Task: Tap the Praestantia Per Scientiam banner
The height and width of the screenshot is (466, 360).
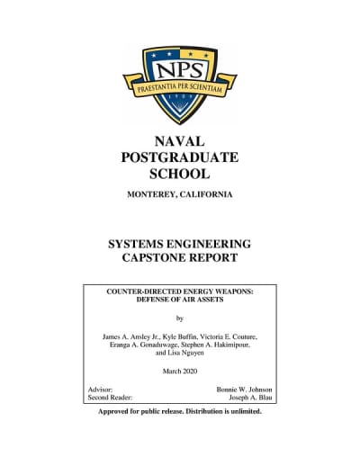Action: click(179, 89)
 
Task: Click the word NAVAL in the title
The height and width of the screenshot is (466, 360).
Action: click(180, 141)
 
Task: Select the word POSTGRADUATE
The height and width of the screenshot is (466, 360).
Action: click(180, 157)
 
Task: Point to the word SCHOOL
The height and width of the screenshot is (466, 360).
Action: click(180, 174)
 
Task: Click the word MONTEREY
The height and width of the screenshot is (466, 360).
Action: click(154, 195)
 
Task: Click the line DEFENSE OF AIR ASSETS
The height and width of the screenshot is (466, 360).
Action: click(180, 301)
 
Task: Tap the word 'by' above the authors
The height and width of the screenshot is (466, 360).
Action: click(180, 318)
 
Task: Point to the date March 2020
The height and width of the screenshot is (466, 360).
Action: click(180, 372)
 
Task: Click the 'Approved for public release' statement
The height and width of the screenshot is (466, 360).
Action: click(180, 411)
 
